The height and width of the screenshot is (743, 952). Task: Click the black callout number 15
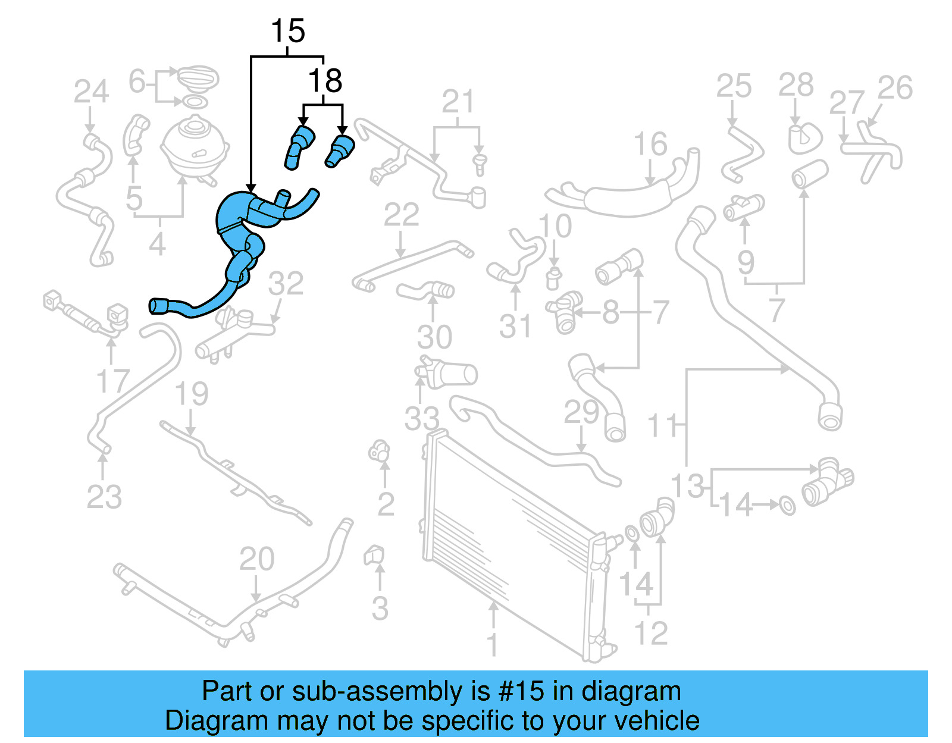coord(288,31)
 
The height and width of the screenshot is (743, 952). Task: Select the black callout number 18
coord(325,81)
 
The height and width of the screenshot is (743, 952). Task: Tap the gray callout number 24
coord(91,92)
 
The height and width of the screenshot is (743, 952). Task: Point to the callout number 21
coord(458,102)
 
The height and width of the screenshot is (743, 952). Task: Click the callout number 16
coord(650,144)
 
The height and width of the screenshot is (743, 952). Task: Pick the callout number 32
coord(286,284)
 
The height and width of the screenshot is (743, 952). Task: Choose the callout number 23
coord(104,497)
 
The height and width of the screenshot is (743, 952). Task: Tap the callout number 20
coord(257,559)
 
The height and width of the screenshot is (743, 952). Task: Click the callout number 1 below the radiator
coord(493,644)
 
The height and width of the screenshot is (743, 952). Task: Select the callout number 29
coord(581,412)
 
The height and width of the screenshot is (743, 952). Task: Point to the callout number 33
coord(422,418)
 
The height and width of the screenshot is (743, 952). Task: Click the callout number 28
coord(796,85)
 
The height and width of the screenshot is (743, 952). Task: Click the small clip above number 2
coord(379,451)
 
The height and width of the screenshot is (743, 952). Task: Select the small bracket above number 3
coord(374,554)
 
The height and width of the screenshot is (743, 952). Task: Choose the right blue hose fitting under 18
coord(340,151)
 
